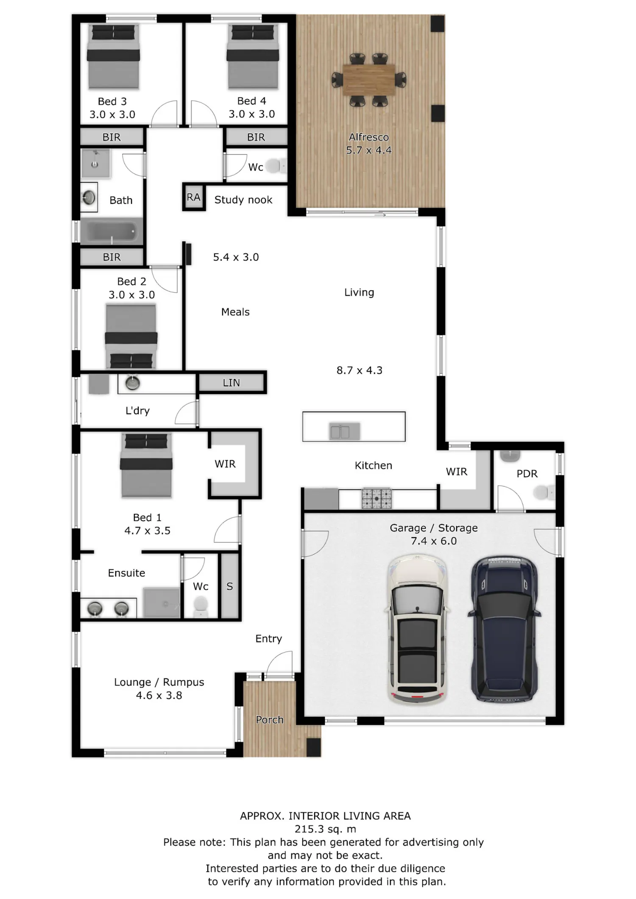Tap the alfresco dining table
pos(369,80)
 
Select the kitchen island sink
pos(345,431)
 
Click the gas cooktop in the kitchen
pos(377,499)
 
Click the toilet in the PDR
pos(544,492)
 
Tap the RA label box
pos(193,197)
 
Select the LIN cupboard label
pos(232,383)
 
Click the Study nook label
pos(243,200)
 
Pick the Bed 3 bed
pos(113,57)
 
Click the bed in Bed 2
pos(131,336)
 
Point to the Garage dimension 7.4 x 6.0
pos(434,541)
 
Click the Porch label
pos(270,719)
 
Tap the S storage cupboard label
pos(230,586)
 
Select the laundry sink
pos(133,383)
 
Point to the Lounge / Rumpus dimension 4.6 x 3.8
pos(159,695)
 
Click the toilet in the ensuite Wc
pos(201,606)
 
